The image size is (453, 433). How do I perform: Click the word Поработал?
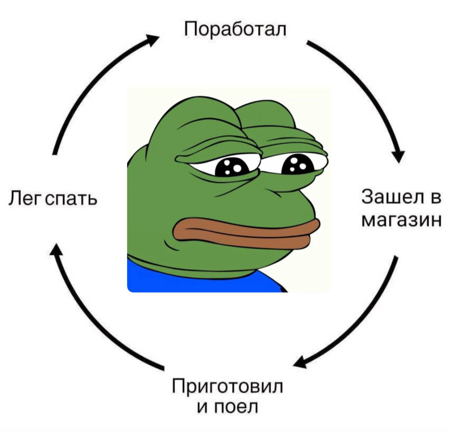(x=235, y=29)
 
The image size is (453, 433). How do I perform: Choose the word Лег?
(x=25, y=198)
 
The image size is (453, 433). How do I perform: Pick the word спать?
(x=72, y=199)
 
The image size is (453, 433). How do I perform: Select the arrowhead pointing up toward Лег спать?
(x=56, y=249)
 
